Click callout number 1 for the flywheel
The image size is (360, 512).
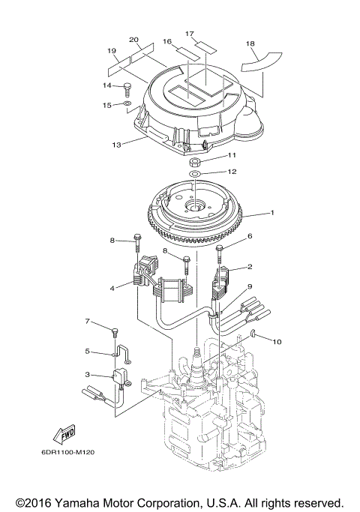coord(272,213)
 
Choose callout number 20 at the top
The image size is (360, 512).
coord(134,40)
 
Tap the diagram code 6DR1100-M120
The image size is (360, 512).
coord(63,452)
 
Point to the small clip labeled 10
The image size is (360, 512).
coord(254,332)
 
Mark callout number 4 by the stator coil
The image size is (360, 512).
coord(113,287)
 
